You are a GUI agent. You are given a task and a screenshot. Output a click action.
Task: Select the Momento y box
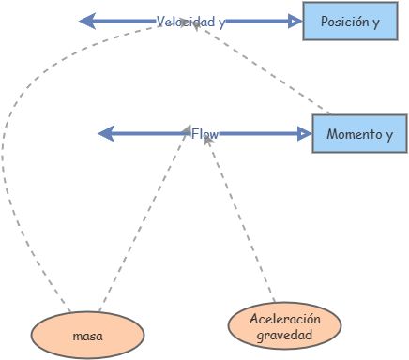pos(359,135)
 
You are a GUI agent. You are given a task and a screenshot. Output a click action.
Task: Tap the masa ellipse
pos(87,334)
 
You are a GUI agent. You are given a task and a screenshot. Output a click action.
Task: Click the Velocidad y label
pos(190,22)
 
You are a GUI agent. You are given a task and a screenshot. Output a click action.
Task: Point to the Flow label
pos(204,135)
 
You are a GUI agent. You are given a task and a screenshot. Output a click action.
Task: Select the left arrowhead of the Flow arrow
pos(106,135)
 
